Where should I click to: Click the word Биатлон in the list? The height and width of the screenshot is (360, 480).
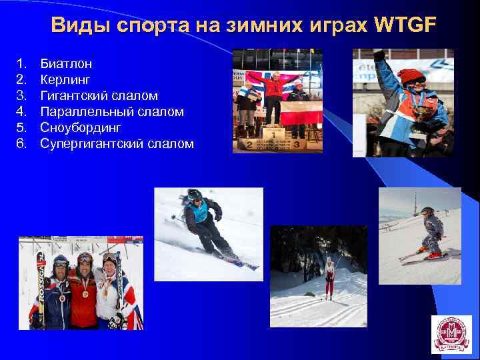click(66, 64)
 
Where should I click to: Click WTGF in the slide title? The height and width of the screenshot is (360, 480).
click(405, 25)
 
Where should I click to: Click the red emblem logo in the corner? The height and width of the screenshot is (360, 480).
click(451, 334)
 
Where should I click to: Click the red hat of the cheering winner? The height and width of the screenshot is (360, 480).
click(413, 74)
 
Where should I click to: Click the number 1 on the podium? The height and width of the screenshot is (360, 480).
click(273, 133)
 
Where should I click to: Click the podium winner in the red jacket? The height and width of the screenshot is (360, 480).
click(273, 93)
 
